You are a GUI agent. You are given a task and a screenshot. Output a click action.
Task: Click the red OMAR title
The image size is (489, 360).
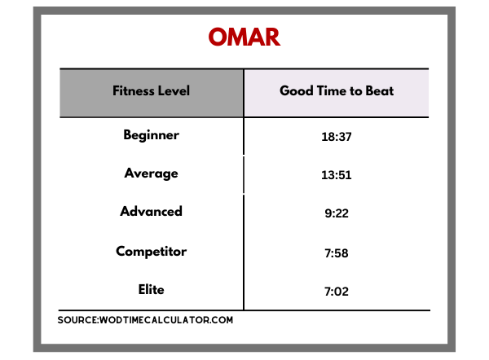pyautogui.click(x=244, y=37)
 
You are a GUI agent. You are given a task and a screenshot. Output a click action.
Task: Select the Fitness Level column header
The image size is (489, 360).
pyautogui.click(x=152, y=90)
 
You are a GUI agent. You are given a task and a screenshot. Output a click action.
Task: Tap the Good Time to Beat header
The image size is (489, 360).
pyautogui.click(x=337, y=90)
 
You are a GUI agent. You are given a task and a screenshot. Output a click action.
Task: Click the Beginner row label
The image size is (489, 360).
pyautogui.click(x=152, y=135)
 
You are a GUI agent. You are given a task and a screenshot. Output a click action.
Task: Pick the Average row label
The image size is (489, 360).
pyautogui.click(x=152, y=173)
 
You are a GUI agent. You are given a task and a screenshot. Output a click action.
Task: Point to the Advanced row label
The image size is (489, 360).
pyautogui.click(x=152, y=211)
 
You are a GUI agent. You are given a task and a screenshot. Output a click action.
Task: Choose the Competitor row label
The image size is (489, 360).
pyautogui.click(x=152, y=252)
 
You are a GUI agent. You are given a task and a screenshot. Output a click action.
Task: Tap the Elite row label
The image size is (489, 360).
pyautogui.click(x=152, y=290)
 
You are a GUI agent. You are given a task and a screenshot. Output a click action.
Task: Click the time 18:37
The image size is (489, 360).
pyautogui.click(x=337, y=137)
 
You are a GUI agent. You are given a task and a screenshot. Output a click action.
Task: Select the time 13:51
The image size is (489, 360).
pyautogui.click(x=337, y=175)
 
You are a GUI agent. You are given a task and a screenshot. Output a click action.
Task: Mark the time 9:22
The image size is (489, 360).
pyautogui.click(x=337, y=213)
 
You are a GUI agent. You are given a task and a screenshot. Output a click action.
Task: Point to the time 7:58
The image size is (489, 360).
pyautogui.click(x=337, y=253)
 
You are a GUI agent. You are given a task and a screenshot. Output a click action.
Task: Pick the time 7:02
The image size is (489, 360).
pyautogui.click(x=337, y=292)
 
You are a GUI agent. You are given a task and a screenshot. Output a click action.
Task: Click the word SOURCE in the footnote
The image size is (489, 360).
pyautogui.click(x=77, y=320)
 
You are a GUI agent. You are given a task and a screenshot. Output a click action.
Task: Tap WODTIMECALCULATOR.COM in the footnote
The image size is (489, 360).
pyautogui.click(x=166, y=320)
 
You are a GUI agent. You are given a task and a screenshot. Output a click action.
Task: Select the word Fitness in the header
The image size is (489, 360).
pyautogui.click(x=134, y=90)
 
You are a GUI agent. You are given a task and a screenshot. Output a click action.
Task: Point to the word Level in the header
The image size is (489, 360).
pyautogui.click(x=174, y=90)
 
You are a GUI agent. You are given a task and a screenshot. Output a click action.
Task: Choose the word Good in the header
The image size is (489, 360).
pyautogui.click(x=297, y=90)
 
